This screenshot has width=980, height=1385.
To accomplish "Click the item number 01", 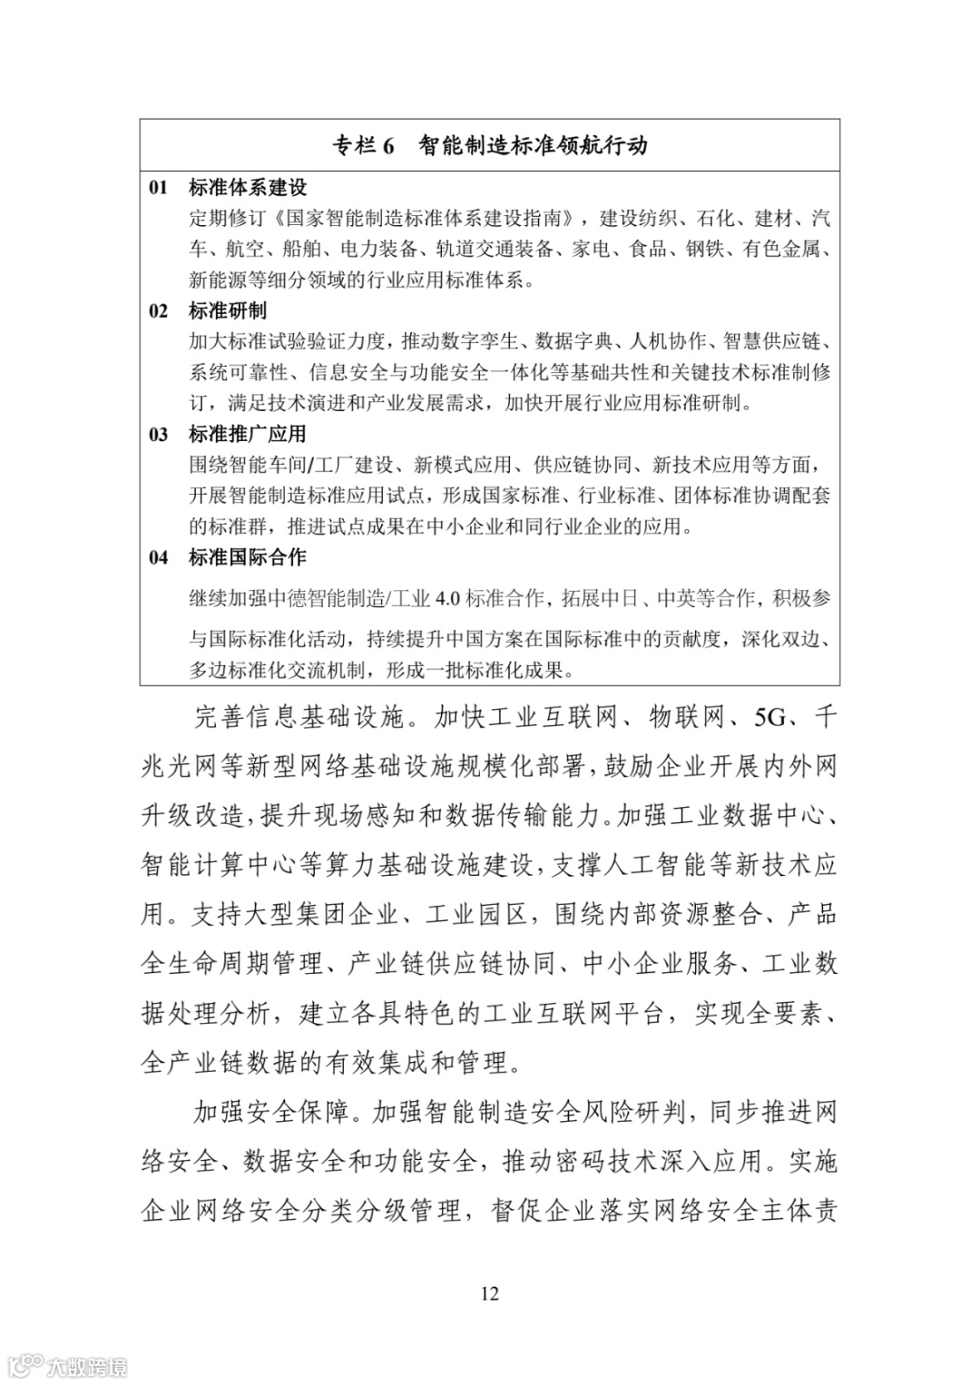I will click(x=159, y=188).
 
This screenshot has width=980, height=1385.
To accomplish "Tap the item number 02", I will click(x=159, y=311).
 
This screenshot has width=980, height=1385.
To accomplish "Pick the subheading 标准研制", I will click(x=228, y=311).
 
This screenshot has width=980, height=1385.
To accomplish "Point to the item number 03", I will click(x=159, y=435).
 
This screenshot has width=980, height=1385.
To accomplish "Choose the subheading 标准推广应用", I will click(x=248, y=435).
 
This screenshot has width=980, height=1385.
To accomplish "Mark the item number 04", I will click(x=159, y=557).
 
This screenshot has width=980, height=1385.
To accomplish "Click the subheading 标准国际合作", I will click(x=248, y=557).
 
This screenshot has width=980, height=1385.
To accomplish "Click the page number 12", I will click(x=489, y=1293).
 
